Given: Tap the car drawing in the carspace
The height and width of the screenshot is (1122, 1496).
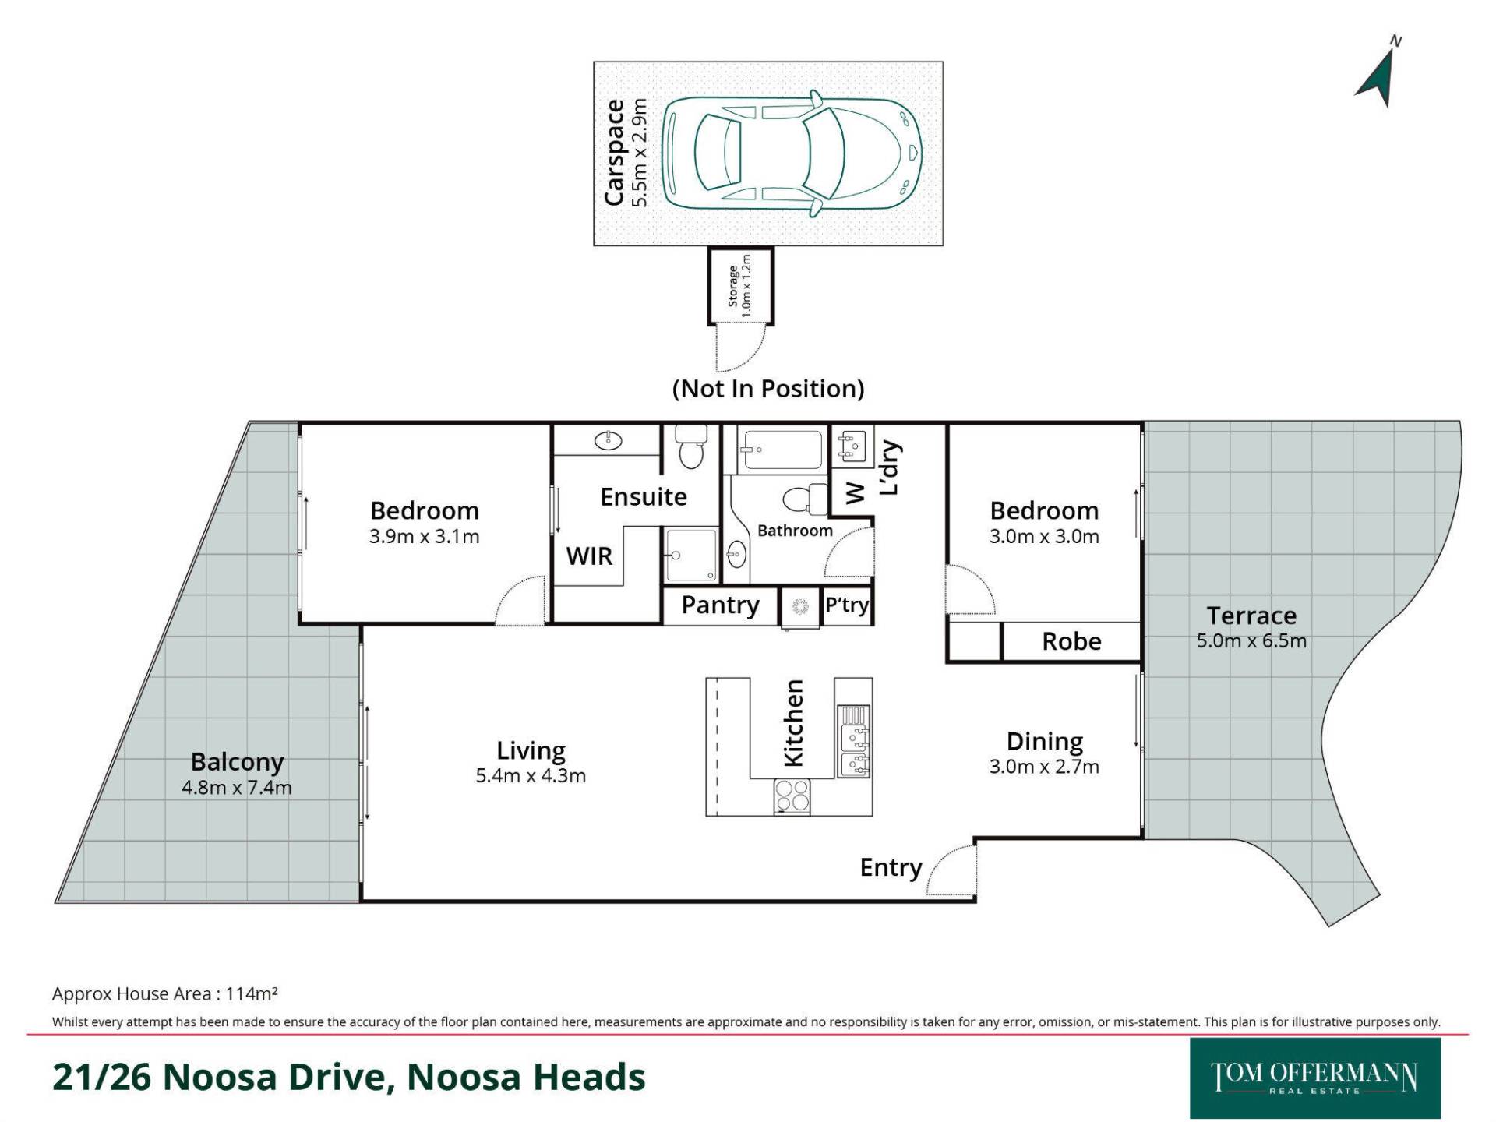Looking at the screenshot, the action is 792,153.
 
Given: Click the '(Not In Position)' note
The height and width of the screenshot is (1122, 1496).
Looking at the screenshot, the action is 768,388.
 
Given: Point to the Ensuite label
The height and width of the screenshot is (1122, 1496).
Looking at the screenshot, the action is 644,496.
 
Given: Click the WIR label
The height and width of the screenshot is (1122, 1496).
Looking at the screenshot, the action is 589,556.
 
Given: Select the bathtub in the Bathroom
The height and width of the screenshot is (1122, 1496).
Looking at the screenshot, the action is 781,450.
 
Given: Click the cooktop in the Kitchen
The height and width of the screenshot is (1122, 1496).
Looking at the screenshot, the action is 792,796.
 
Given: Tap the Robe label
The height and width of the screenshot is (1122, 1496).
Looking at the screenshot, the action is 1072,641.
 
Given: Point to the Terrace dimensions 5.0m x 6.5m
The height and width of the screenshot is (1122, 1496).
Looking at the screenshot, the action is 1251,640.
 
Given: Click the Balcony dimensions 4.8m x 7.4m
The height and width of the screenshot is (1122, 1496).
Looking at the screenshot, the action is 237,787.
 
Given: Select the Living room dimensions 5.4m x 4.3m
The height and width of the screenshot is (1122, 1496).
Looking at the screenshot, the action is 531,775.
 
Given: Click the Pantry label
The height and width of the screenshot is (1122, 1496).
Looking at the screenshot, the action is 720,605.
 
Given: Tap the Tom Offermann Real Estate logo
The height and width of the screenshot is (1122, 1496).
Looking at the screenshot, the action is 1315,1078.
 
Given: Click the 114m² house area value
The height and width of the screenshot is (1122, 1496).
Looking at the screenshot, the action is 252,993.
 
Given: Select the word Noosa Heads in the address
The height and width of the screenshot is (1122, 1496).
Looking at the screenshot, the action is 526,1077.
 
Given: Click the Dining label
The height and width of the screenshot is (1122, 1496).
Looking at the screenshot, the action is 1045,742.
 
